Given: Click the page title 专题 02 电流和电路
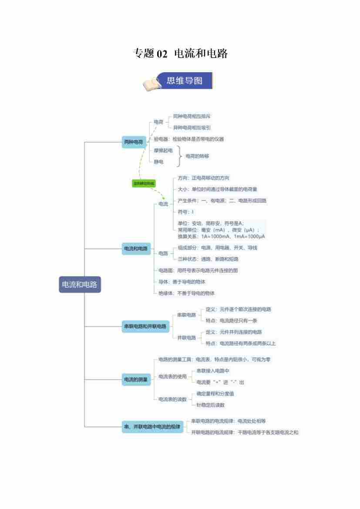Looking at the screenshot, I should [180, 54].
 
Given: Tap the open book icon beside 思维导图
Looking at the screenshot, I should [151, 84].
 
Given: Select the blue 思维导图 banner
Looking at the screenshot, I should [185, 81].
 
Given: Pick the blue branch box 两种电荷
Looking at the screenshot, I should [134, 142].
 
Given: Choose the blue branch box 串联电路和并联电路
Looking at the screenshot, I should [145, 326].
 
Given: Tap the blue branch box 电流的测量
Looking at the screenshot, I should [136, 380].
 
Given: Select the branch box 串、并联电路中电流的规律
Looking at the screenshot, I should [152, 427].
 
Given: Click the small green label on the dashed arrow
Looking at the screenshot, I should [143, 184].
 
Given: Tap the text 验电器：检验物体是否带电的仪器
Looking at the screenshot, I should [189, 139].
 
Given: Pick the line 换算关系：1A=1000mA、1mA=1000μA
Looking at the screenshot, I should [221, 236].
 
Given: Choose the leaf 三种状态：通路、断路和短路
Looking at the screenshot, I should [208, 259].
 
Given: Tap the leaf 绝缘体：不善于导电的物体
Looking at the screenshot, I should [186, 293].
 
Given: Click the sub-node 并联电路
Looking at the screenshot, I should [186, 337].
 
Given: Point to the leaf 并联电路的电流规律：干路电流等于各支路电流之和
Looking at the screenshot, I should [245, 432].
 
